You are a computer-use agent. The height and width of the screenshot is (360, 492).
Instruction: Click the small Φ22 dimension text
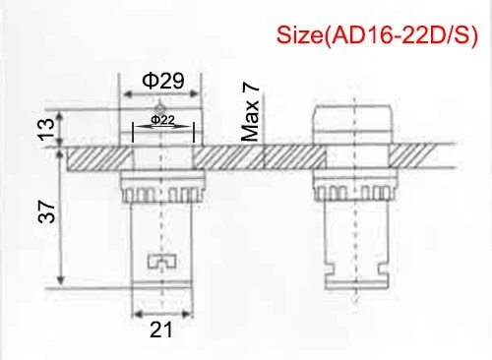[163, 120]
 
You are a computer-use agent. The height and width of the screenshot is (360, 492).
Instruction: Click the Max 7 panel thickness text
[252, 112]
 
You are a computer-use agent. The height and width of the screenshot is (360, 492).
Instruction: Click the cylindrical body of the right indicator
[351, 246]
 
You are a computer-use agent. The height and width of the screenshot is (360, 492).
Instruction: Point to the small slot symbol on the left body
[158, 262]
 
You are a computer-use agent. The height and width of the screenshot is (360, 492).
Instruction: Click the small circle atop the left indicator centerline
[157, 109]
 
